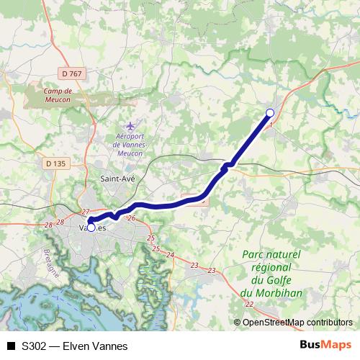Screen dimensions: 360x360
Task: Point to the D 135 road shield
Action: pyautogui.click(x=55, y=163)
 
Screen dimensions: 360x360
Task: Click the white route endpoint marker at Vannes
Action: pyautogui.click(x=91, y=227)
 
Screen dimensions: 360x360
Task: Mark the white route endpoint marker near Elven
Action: pyautogui.click(x=270, y=112)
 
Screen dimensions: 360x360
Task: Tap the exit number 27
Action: pyautogui.click(x=86, y=212)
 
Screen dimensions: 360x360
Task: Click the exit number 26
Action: pyautogui.click(x=131, y=217)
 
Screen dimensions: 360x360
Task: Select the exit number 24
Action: pyautogui.click(x=170, y=255)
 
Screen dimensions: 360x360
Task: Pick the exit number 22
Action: pyautogui.click(x=249, y=305)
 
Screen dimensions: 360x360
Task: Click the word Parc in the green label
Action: pyautogui.click(x=258, y=254)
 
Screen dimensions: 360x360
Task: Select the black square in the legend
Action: pyautogui.click(x=11, y=346)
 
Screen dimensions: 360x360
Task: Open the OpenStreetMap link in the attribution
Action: pyautogui.click(x=282, y=323)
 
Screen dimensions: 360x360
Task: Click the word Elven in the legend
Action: pyautogui.click(x=77, y=346)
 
